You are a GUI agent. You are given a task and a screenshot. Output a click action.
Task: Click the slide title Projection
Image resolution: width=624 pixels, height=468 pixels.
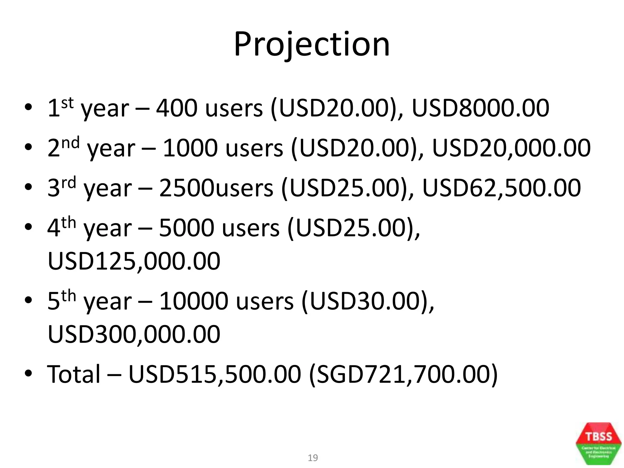click(312, 45)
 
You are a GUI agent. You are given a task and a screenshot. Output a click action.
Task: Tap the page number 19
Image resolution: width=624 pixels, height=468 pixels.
click(313, 458)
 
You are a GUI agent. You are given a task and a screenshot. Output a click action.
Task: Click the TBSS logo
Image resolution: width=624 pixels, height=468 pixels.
click(598, 444)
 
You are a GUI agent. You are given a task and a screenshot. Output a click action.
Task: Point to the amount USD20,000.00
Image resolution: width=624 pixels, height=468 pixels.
click(511, 148)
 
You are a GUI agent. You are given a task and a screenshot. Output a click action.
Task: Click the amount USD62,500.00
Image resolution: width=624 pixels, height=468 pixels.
click(502, 188)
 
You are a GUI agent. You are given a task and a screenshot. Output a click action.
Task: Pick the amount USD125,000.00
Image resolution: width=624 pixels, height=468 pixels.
click(134, 261)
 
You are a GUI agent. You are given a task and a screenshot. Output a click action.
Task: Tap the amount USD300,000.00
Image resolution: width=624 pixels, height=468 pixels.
click(134, 334)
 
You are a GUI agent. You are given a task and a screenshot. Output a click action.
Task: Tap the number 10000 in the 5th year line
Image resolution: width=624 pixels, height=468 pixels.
click(193, 301)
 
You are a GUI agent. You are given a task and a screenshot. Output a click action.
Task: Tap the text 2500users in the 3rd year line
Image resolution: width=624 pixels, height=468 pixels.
click(216, 188)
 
